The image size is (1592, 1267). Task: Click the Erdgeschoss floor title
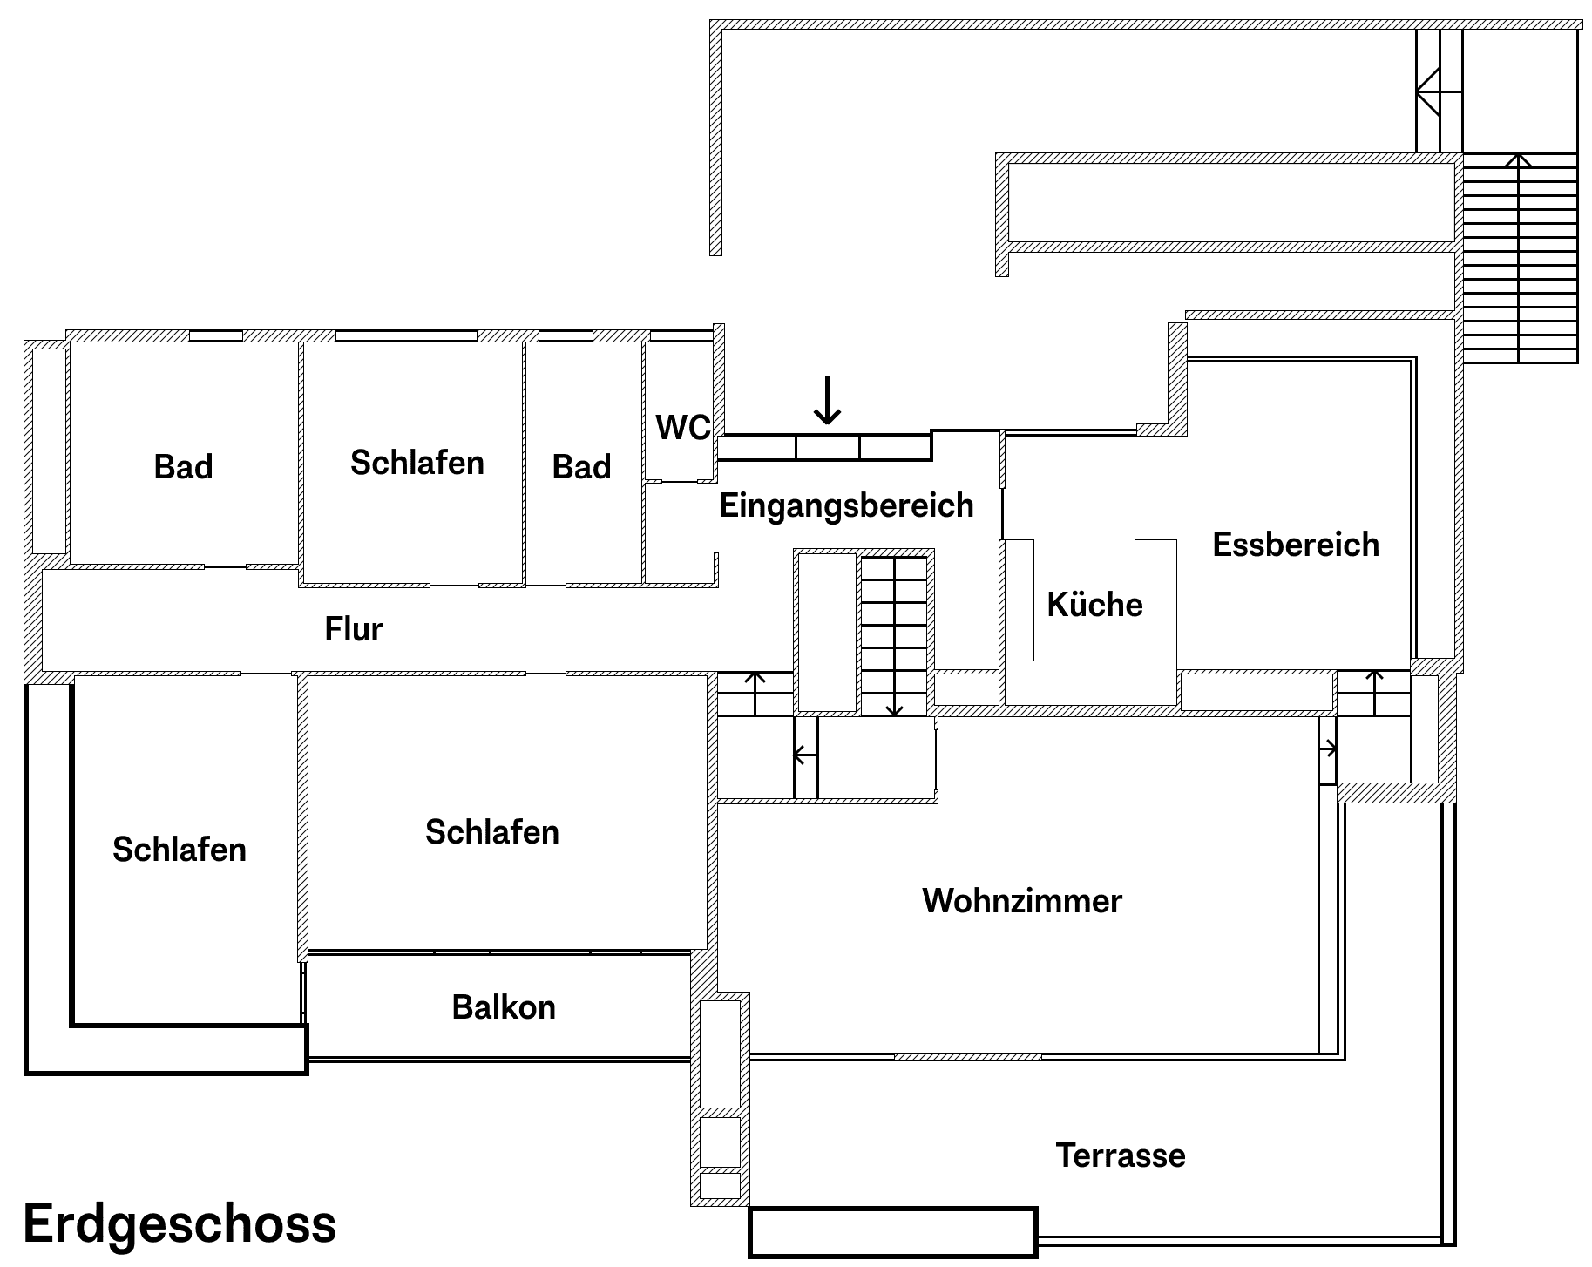pyautogui.click(x=180, y=1223)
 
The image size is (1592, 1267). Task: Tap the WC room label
pyautogui.click(x=682, y=428)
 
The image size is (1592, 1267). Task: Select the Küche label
pyautogui.click(x=1094, y=605)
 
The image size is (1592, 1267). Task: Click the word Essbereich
pyautogui.click(x=1296, y=545)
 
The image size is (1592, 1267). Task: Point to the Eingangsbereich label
pyautogui.click(x=846, y=505)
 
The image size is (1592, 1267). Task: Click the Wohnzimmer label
pyautogui.click(x=1022, y=901)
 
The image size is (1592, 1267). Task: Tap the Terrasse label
pyautogui.click(x=1121, y=1155)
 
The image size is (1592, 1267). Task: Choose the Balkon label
pyautogui.click(x=504, y=1007)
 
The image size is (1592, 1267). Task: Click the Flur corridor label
pyautogui.click(x=354, y=628)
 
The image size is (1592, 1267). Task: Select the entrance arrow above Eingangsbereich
pyautogui.click(x=827, y=401)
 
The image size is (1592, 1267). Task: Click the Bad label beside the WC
pyautogui.click(x=581, y=467)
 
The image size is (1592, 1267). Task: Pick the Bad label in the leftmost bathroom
pyautogui.click(x=183, y=467)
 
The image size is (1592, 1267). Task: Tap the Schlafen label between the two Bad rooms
pyautogui.click(x=417, y=463)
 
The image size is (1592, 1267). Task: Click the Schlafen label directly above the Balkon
pyautogui.click(x=491, y=832)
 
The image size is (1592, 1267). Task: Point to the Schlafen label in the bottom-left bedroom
pyautogui.click(x=180, y=850)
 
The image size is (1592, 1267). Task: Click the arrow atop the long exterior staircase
pyautogui.click(x=1519, y=162)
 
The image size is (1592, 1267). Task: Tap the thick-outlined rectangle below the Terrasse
pyautogui.click(x=893, y=1232)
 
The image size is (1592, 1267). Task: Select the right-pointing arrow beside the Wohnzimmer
pyautogui.click(x=1329, y=748)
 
